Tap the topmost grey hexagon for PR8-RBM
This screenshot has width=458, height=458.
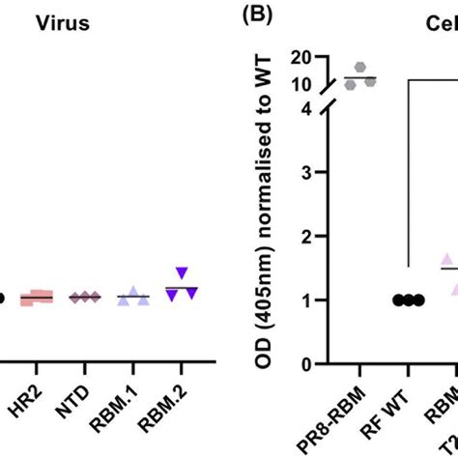click(x=360, y=68)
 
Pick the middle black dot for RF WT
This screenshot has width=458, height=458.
click(x=408, y=301)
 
